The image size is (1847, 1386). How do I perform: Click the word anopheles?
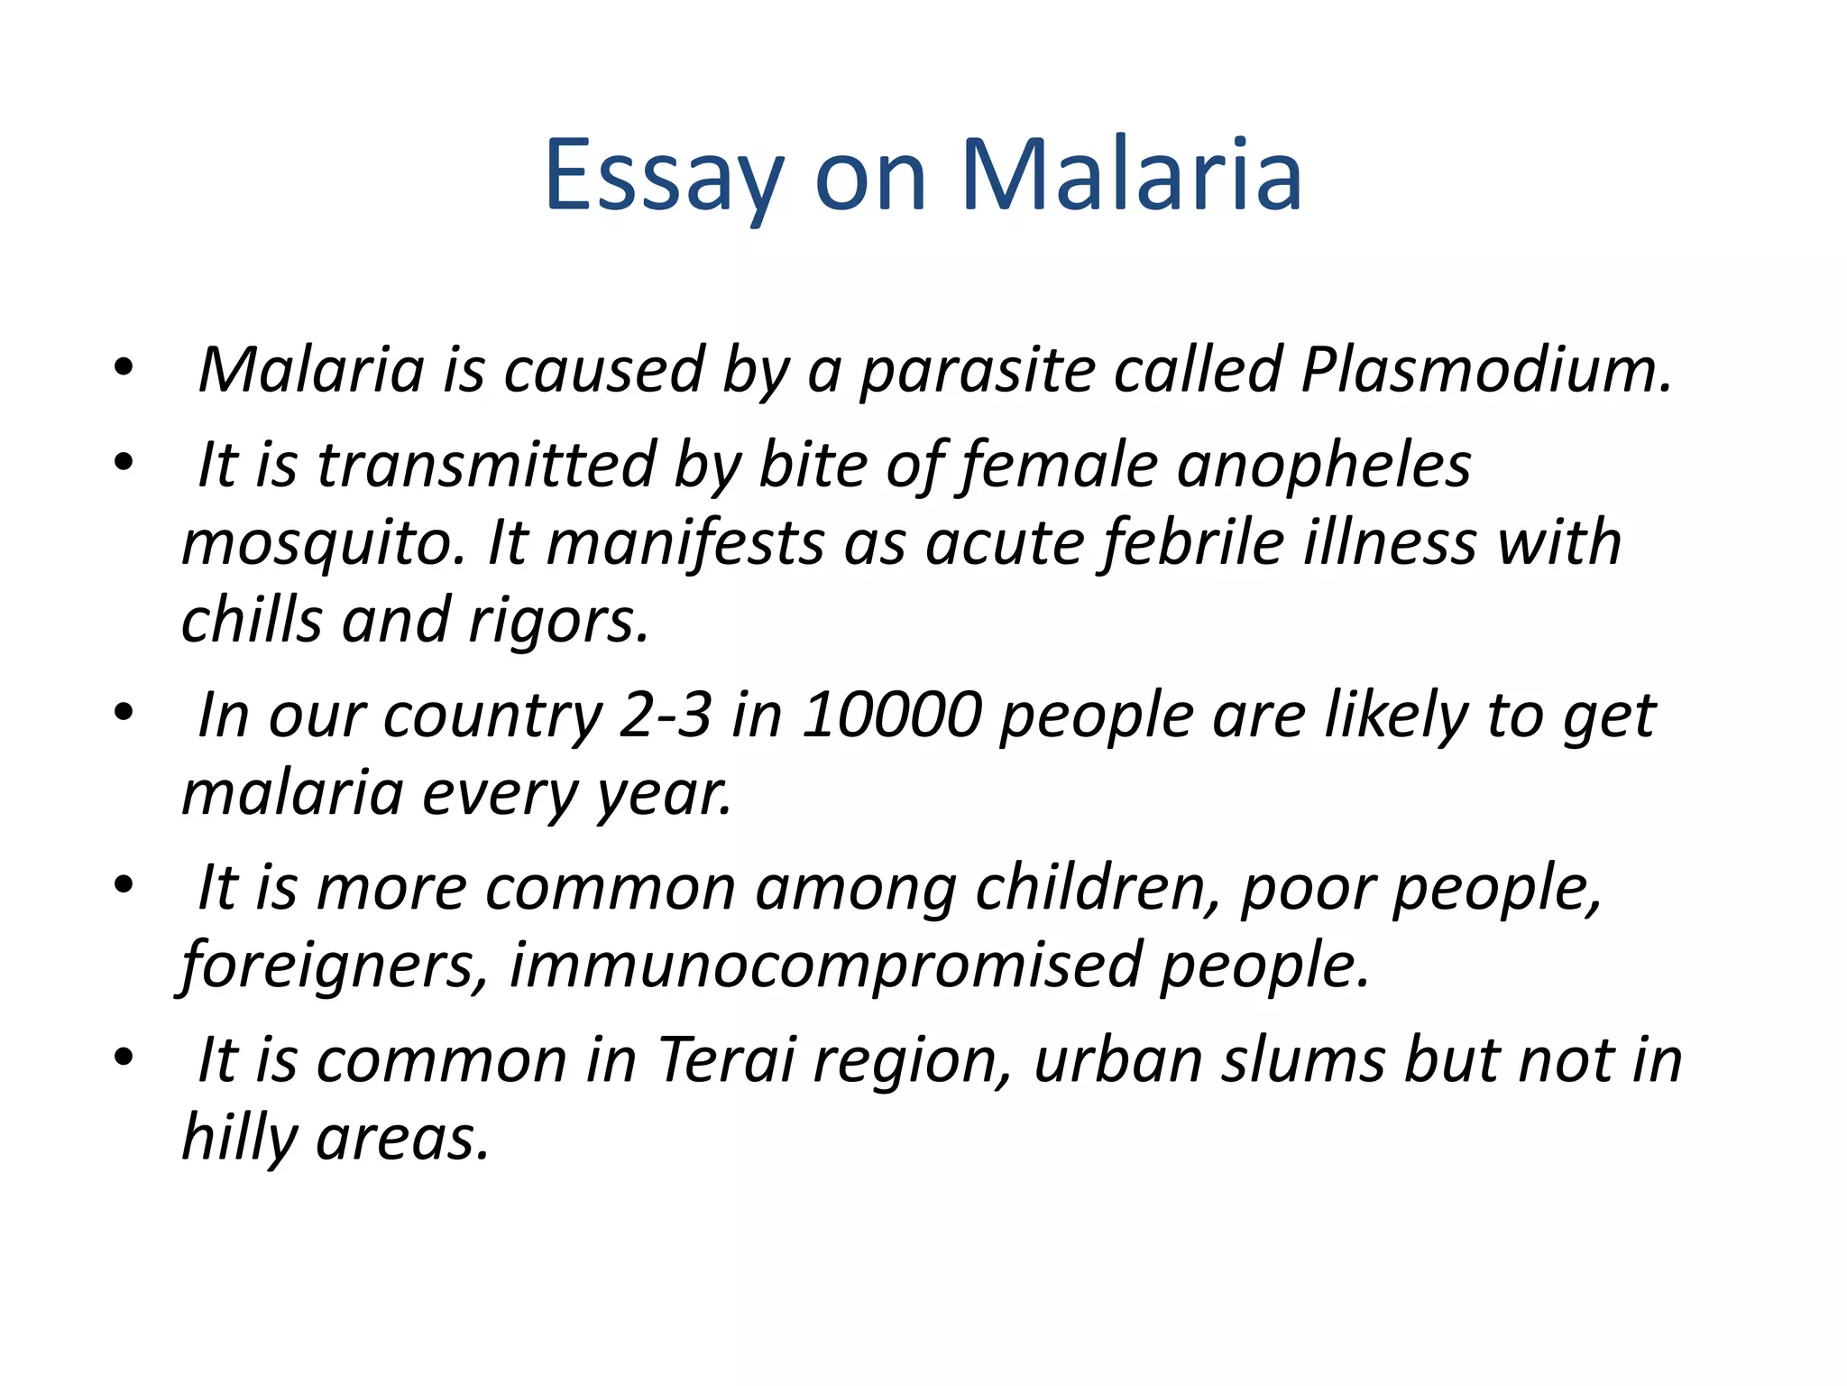[1323, 467]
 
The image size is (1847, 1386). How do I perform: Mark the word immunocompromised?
[824, 966]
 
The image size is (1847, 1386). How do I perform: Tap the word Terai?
[726, 1060]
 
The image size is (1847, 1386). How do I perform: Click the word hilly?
[238, 1139]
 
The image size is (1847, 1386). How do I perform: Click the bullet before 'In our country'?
[124, 713]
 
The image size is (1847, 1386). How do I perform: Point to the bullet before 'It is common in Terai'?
[124, 1057]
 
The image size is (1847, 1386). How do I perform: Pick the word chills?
[252, 622]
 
